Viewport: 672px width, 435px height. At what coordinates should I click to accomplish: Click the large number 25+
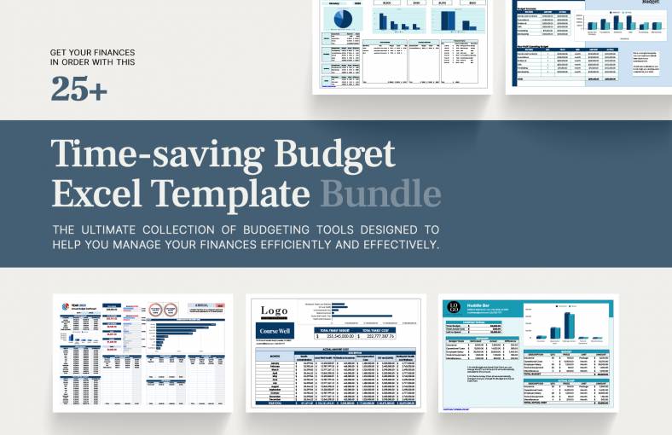tap(79, 88)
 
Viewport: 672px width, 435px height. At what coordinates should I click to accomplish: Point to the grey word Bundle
tap(380, 193)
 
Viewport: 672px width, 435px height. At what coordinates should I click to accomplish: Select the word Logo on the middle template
tap(275, 311)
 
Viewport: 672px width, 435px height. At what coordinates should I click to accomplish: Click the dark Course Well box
tap(275, 331)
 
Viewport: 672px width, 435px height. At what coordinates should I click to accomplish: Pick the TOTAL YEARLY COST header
tap(376, 329)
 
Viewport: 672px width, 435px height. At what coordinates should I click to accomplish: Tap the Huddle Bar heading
tap(479, 304)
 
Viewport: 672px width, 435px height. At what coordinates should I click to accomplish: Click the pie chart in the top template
tap(340, 20)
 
